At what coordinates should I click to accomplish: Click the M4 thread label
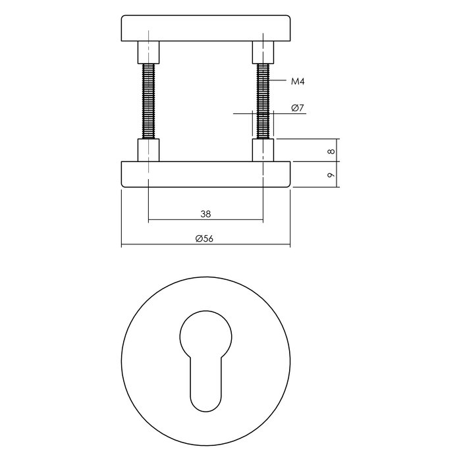coord(300,82)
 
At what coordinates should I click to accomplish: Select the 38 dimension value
coord(205,213)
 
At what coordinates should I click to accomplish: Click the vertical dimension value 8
coord(331,151)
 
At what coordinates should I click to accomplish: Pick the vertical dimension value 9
coord(331,175)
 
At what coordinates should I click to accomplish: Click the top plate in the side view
coord(205,28)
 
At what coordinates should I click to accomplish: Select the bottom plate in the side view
coord(205,175)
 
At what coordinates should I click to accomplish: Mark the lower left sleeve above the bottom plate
coord(148,149)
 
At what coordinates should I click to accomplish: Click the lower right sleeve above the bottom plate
coord(263,149)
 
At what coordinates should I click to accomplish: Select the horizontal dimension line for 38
coord(171,220)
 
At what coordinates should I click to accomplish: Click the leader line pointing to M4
coord(279,82)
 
